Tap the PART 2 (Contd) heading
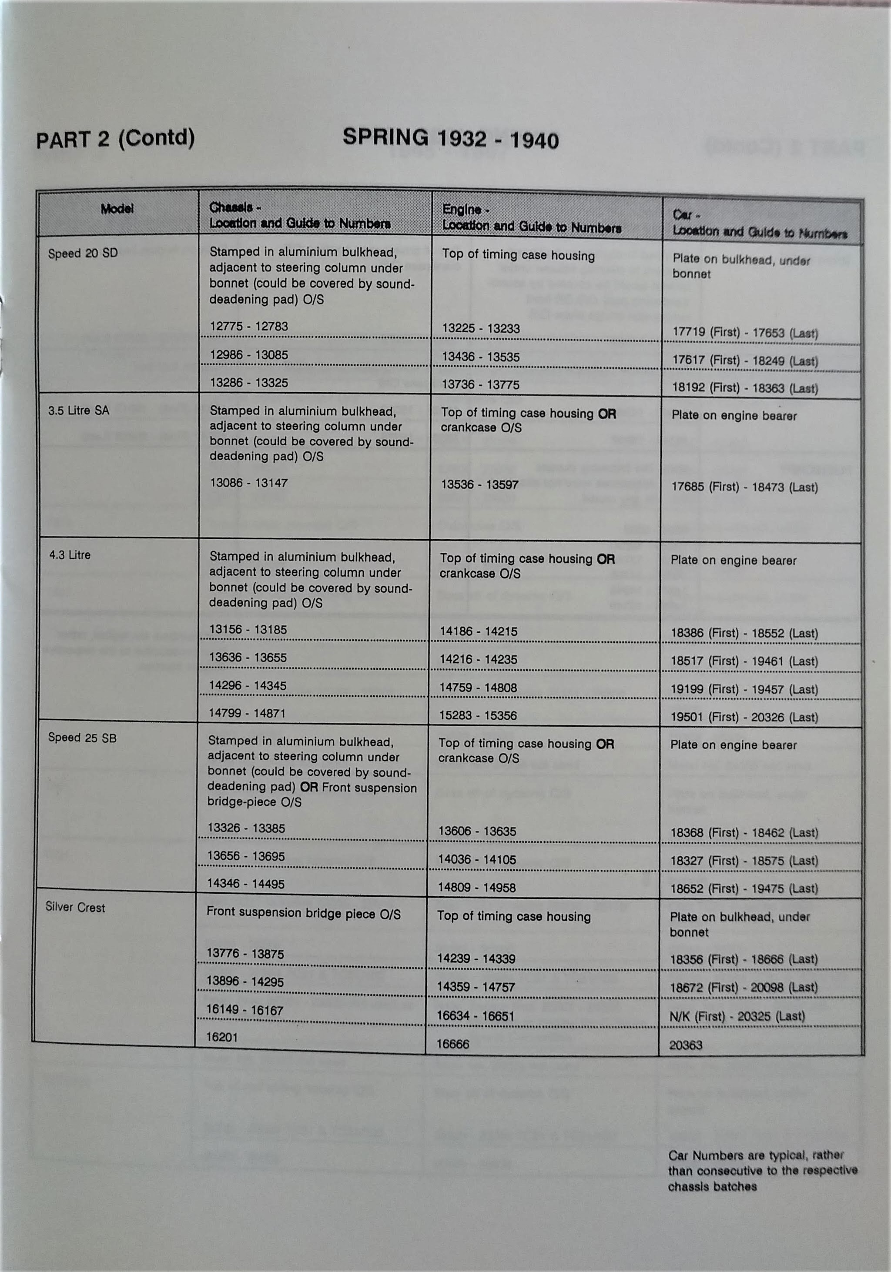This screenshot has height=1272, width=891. [x=115, y=138]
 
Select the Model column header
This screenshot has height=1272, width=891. [x=117, y=209]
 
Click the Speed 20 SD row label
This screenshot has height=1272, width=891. [x=83, y=254]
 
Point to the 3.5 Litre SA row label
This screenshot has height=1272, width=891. [x=78, y=411]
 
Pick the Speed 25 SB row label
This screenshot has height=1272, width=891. [x=82, y=738]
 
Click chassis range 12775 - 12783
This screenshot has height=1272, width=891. [x=248, y=326]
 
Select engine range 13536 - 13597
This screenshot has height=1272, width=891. [x=479, y=485]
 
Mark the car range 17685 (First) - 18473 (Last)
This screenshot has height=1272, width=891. [x=744, y=487]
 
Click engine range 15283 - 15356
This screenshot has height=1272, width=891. [x=478, y=716]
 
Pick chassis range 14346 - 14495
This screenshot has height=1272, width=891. [x=245, y=884]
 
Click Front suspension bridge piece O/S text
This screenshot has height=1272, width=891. [x=303, y=914]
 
